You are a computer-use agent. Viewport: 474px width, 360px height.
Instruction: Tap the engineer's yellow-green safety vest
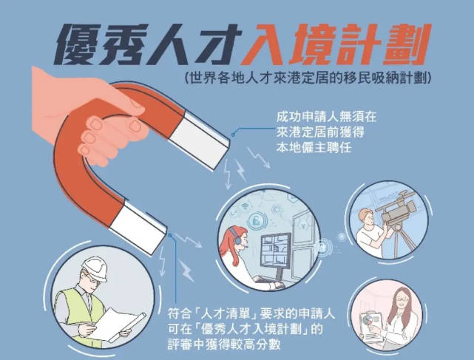pyautogui.click(x=74, y=310)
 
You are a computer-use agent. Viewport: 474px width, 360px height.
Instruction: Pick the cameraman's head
pyautogui.click(x=365, y=216)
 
